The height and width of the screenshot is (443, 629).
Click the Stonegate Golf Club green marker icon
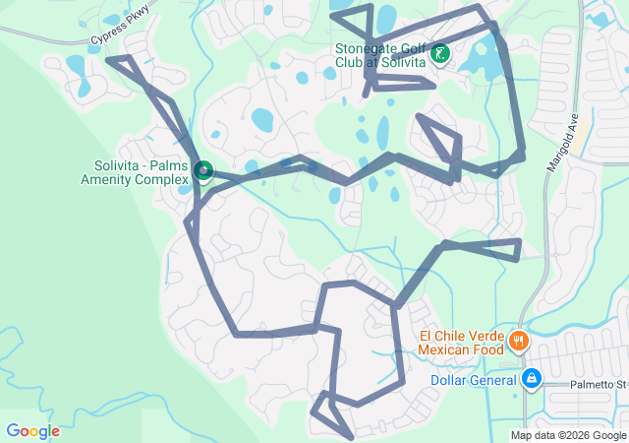pos(441,54)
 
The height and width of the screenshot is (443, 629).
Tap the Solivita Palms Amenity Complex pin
pos(203,172)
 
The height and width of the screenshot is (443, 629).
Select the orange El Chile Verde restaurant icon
pos(517,342)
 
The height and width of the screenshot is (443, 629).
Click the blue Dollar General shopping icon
pos(532,378)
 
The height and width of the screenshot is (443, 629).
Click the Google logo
pos(32,431)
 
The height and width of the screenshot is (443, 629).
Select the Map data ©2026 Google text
pos(568,435)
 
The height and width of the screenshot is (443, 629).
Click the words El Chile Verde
pos(459,335)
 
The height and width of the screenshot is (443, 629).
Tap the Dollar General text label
pos(473,380)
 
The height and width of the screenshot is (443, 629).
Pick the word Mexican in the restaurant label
pos(445,348)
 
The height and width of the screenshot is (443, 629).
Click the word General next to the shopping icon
pos(494,380)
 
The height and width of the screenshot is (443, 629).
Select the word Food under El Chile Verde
pos(486,348)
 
